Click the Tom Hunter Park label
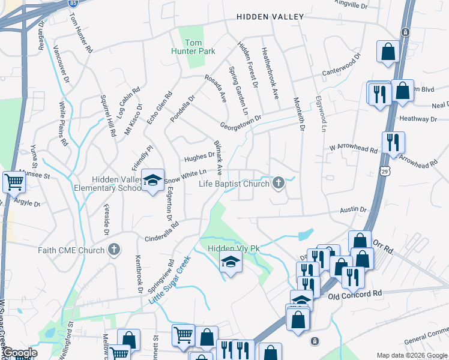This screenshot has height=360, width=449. (200, 47)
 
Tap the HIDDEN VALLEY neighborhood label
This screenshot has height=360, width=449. (270, 17)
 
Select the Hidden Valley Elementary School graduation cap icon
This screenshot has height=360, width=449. (152, 179)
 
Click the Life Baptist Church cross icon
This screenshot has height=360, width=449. (278, 182)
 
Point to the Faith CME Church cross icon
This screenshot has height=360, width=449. (113, 250)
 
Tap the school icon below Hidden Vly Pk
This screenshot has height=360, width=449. (230, 262)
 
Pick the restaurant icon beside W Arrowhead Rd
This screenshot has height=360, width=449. (393, 142)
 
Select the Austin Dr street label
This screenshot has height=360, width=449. (353, 209)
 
